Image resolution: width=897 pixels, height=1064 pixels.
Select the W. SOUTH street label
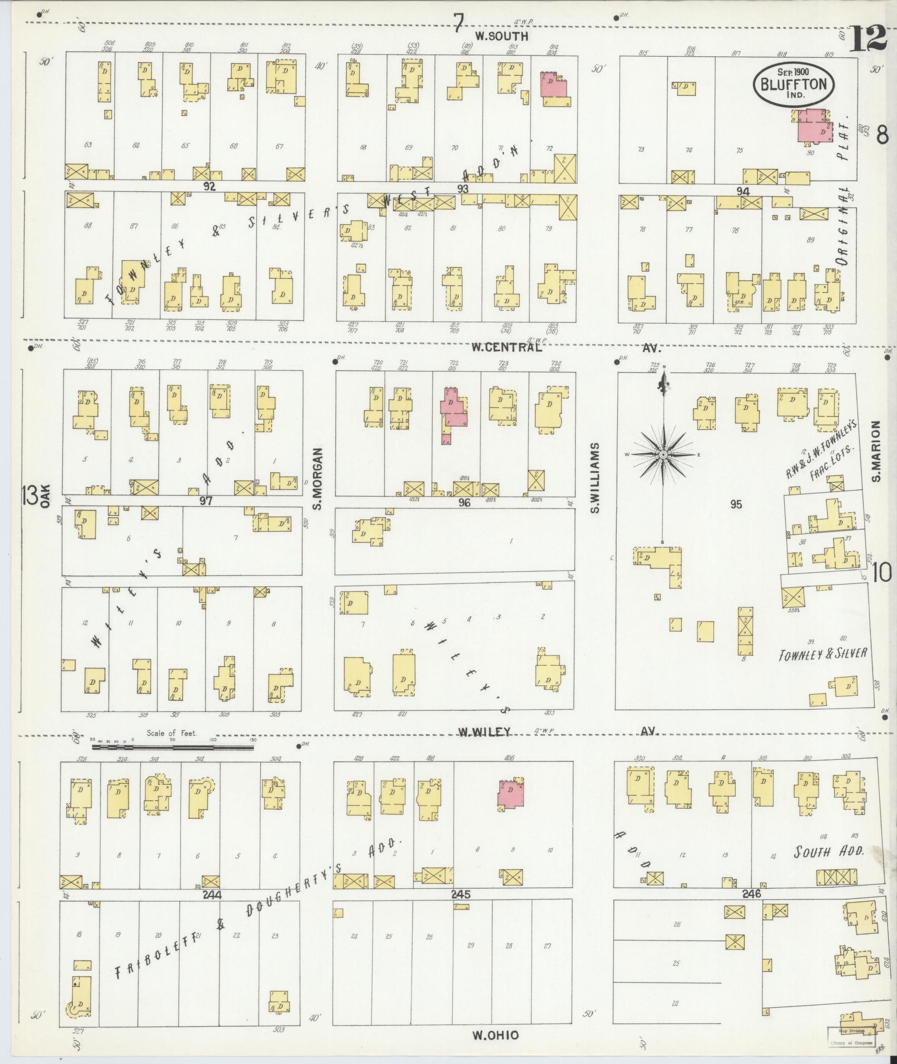pos(501,36)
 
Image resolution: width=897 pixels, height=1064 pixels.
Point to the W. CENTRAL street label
pos(506,347)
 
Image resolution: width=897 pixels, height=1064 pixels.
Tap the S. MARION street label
pos(877,451)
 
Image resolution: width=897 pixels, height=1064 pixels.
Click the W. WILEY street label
pos(484,731)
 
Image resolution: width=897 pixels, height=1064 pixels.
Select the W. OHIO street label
pos(495,1035)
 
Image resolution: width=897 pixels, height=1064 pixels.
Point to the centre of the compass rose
pos(663,455)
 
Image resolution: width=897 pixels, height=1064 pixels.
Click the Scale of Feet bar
pos(172,748)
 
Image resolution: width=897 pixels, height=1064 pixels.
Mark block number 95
pos(736,504)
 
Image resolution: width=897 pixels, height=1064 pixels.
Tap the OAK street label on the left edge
pos(45,496)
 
